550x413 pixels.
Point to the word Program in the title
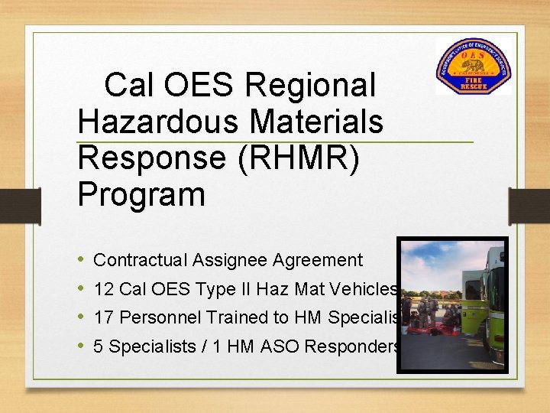pos(141,194)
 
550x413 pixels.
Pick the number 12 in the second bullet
pos(103,289)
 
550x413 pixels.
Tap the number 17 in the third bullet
pos(103,317)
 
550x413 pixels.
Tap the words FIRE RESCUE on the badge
pos(473,83)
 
